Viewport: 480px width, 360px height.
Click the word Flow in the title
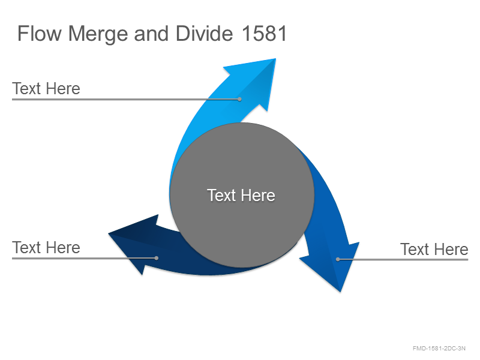tap(40, 34)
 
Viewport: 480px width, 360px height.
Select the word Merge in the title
tap(98, 34)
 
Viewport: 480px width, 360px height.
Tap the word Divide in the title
tap(205, 34)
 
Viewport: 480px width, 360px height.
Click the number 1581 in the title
tap(264, 34)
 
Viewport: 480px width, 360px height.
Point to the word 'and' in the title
tap(152, 34)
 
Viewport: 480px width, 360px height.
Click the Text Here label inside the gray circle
tap(241, 196)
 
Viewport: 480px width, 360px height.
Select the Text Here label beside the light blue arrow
tap(46, 89)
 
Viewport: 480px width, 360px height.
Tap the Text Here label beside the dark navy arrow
tap(46, 248)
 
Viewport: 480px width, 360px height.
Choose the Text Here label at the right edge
tap(434, 250)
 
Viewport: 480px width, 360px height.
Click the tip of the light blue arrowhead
tap(275, 59)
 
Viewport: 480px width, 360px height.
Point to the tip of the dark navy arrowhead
tap(109, 233)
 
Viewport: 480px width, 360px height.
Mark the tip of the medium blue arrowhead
tap(340, 292)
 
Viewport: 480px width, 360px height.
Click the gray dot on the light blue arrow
tap(239, 99)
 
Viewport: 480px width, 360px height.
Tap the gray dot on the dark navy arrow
tap(157, 258)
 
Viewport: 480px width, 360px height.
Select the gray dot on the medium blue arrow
tap(338, 259)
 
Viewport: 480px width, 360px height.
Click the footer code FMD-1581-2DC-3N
tap(439, 349)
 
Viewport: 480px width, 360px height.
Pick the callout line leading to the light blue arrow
tap(125, 99)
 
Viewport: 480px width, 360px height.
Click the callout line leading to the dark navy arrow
tap(84, 258)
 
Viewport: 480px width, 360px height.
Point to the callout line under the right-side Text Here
tap(403, 259)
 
